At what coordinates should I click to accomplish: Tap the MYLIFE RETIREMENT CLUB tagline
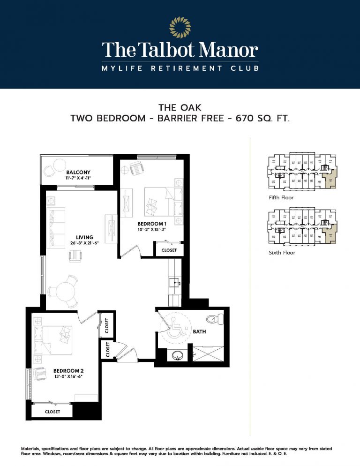point(180,68)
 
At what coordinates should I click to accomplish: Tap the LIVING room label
point(85,237)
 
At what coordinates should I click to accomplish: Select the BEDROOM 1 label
point(152,224)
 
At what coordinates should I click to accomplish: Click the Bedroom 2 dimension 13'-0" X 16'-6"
point(67,376)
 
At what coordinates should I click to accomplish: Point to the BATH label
point(200,331)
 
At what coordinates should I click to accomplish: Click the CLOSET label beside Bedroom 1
point(169,250)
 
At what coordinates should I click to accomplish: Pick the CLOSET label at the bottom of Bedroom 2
point(52,411)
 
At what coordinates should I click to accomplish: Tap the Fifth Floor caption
point(281,197)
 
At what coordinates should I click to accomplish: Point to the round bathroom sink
point(177,355)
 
